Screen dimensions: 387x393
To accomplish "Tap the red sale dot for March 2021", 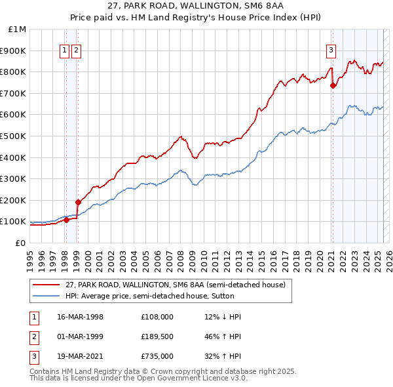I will (333, 85).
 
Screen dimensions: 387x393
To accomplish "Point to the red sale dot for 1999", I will (78, 202).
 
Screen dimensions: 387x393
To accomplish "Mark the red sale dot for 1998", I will (66, 220).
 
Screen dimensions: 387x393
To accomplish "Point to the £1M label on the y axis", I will (17, 29).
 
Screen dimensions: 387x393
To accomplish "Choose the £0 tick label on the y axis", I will (20, 243).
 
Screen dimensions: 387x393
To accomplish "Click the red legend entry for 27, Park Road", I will (175, 285).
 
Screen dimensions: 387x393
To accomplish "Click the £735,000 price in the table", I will (157, 356).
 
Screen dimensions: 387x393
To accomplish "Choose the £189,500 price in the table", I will (157, 336).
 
